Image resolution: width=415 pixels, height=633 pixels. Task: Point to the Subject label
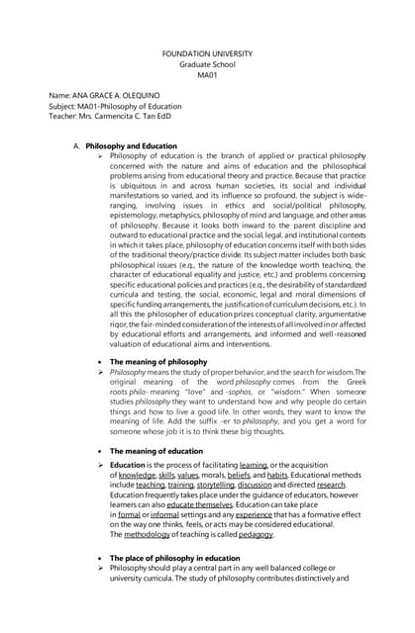click(x=65, y=106)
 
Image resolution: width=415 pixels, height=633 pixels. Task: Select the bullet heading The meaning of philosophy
click(x=158, y=362)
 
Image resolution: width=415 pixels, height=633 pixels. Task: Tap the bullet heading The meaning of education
click(x=157, y=452)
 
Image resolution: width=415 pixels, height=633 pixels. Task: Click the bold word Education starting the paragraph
click(x=128, y=466)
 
